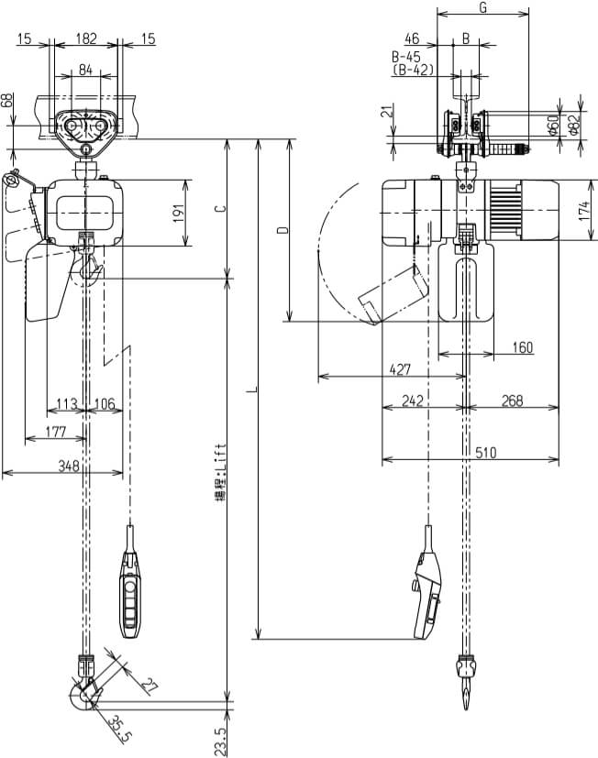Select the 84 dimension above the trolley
pos(85,70)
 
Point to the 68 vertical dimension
pos(9,101)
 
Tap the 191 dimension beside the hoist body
pos(179,213)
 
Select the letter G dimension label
pos(483,8)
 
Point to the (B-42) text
pos(413,69)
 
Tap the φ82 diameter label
pos(574,125)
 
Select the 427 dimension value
pos(400,369)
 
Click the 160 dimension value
pos(522,347)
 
